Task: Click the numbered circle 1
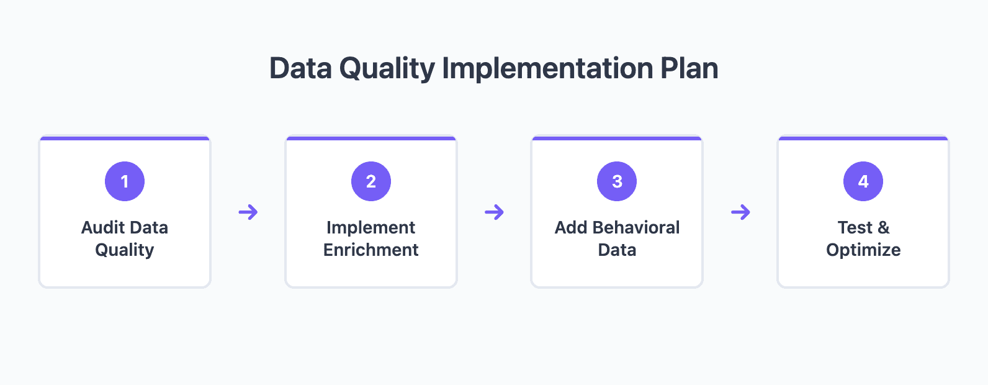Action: tap(125, 181)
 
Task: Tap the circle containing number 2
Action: tap(371, 181)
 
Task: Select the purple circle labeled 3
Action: tap(617, 181)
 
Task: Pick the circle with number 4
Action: tap(863, 181)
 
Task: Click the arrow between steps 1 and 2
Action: tap(248, 212)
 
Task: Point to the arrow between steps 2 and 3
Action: tap(495, 212)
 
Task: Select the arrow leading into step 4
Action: tap(740, 212)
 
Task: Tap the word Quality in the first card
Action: tap(125, 250)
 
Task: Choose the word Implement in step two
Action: tap(371, 227)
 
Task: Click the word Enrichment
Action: tap(371, 250)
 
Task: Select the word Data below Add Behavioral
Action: tap(617, 250)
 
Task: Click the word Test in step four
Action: tap(855, 227)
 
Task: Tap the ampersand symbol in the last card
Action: tap(884, 228)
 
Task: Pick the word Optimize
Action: tap(863, 250)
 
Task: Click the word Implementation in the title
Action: tap(547, 68)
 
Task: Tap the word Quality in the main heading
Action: tap(387, 69)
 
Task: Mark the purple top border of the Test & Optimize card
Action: tap(863, 138)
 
